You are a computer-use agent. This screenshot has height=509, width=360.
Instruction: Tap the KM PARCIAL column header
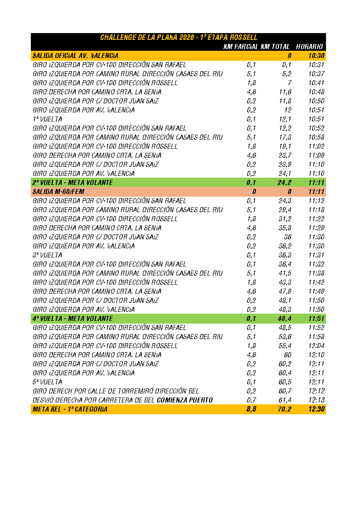(241, 47)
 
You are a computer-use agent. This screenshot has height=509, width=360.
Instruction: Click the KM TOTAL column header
(275, 47)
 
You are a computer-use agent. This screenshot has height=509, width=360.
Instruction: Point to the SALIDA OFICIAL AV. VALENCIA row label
(75, 56)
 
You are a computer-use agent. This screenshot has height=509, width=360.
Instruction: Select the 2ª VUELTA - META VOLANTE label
(73, 183)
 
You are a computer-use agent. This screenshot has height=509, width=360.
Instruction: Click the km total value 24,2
(284, 183)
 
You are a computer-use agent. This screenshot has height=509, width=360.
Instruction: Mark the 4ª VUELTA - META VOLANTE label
(73, 319)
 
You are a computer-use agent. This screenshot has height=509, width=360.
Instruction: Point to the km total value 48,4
(284, 319)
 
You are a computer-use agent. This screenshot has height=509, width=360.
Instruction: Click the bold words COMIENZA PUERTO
(185, 400)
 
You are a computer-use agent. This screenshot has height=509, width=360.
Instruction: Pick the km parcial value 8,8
(251, 409)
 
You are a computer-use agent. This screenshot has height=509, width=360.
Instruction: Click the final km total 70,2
(284, 409)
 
